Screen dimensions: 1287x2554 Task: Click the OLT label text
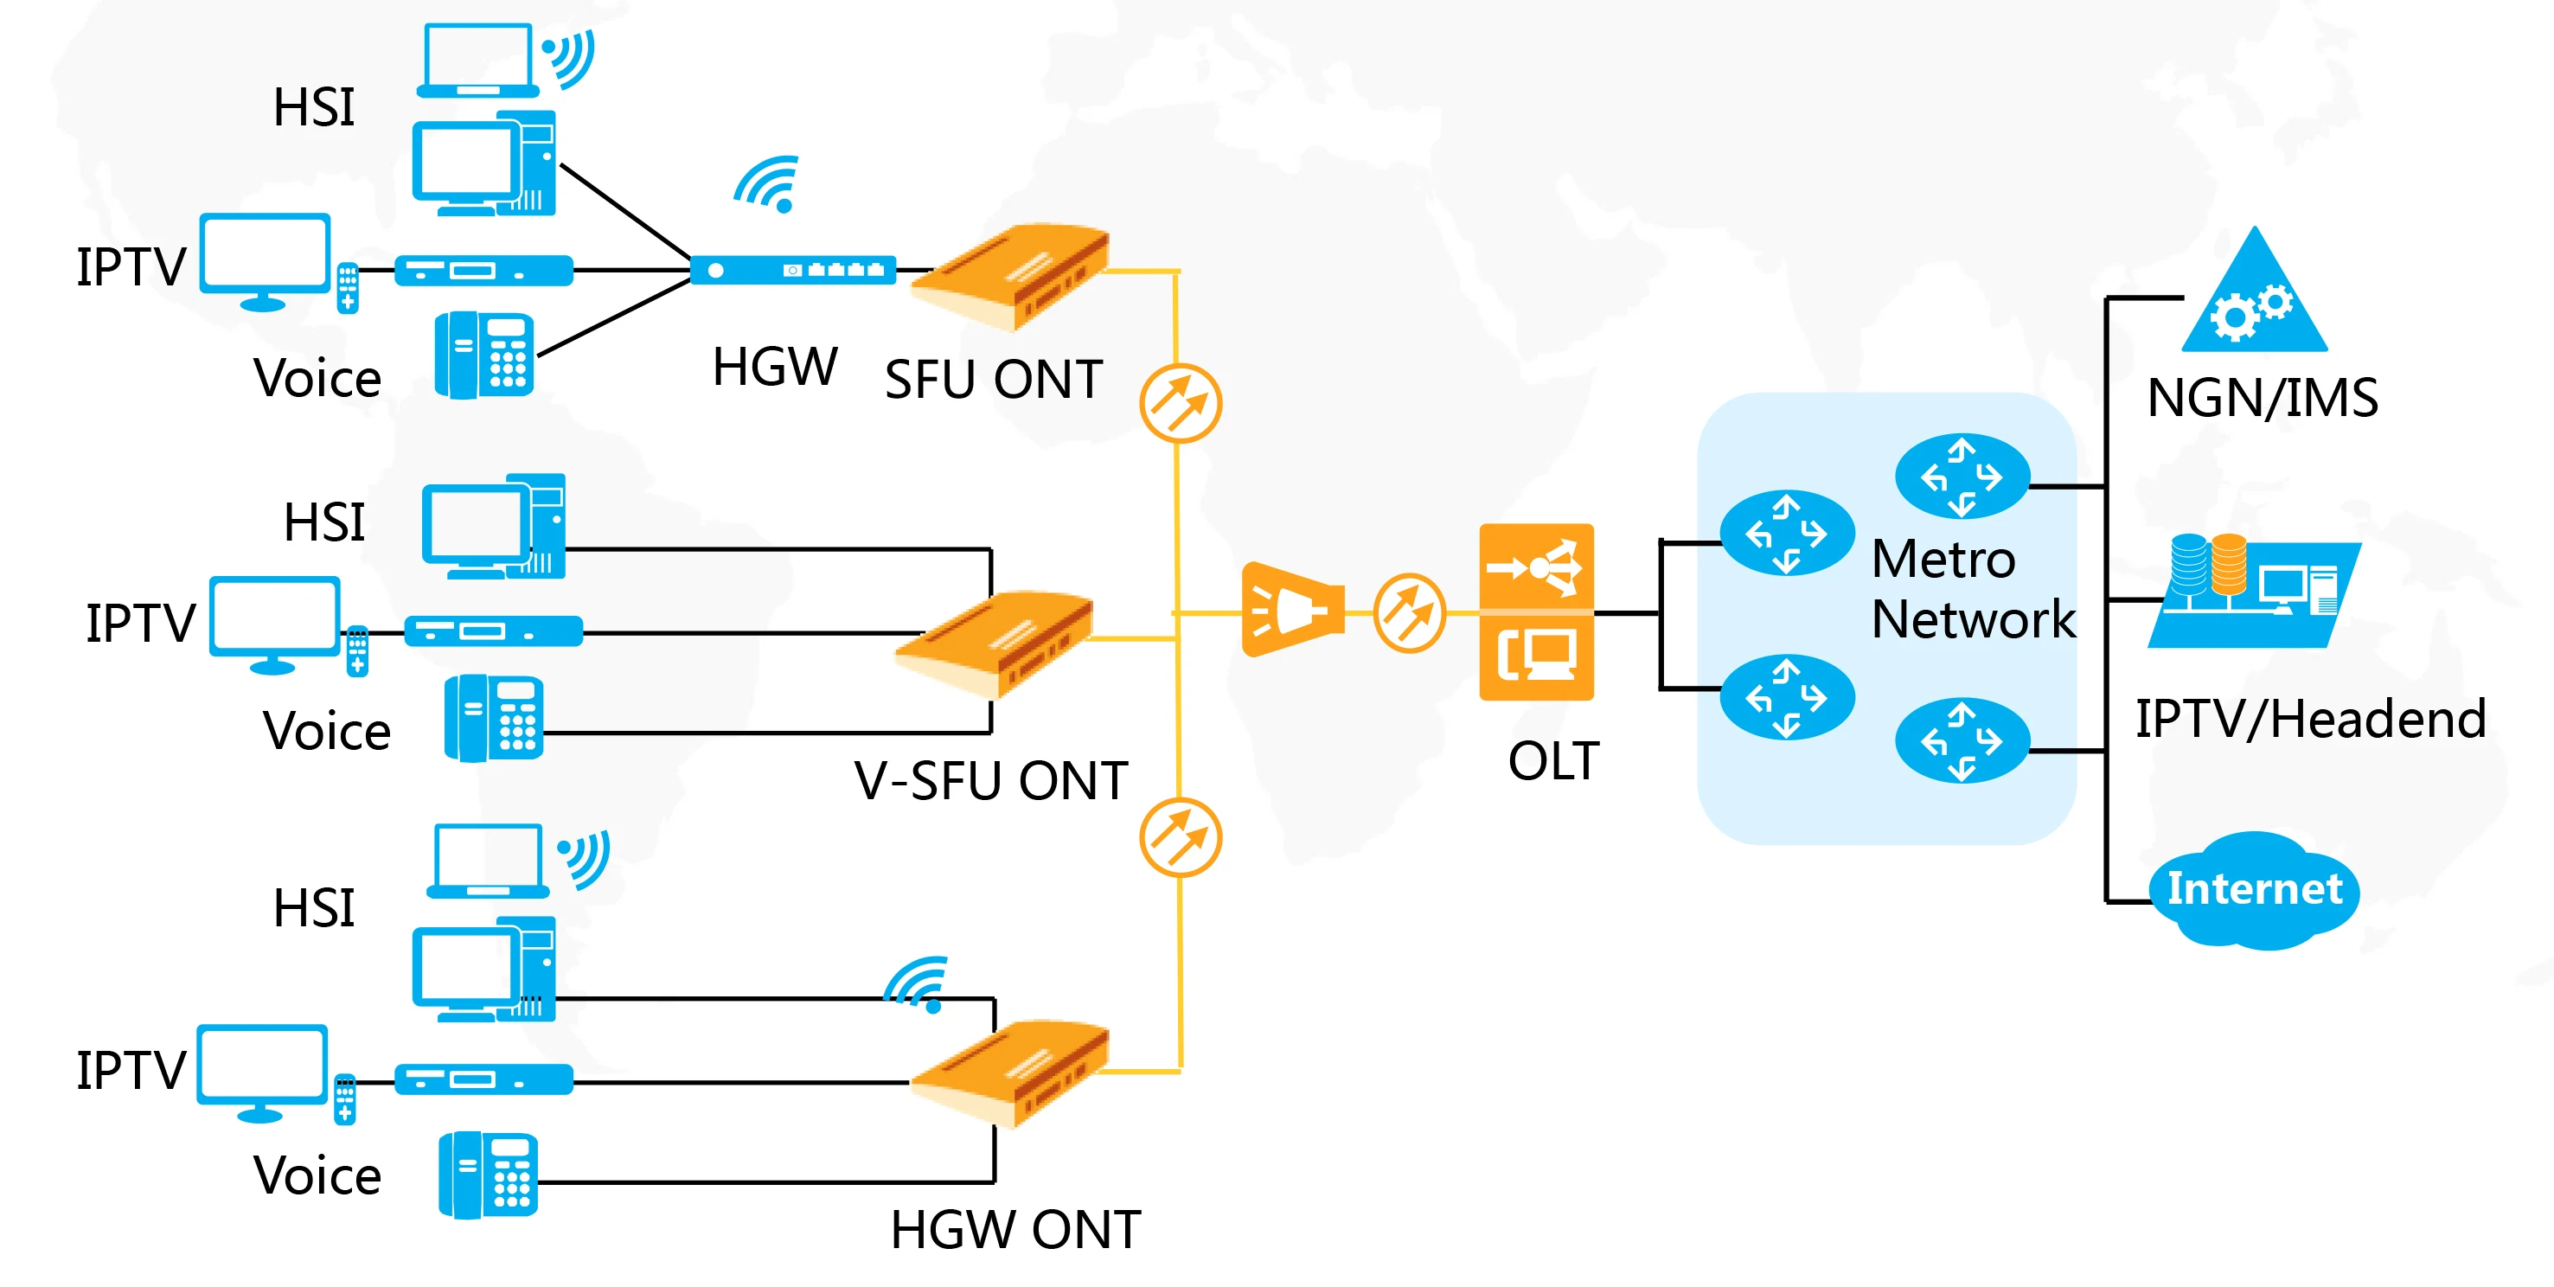(x=1553, y=761)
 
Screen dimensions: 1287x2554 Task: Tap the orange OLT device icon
(x=1536, y=611)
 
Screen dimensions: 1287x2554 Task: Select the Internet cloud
(x=2254, y=889)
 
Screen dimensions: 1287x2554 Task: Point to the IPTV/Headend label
(x=2310, y=719)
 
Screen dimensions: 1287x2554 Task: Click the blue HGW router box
(x=792, y=270)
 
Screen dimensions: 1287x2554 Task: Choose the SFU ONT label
(x=994, y=380)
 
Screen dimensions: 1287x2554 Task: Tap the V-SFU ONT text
(x=991, y=780)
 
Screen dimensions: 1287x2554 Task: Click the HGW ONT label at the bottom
(x=1015, y=1230)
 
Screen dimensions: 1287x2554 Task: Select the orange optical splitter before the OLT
(x=1292, y=610)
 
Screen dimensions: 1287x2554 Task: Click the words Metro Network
(x=1971, y=589)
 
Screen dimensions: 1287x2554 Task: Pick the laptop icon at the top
(x=478, y=61)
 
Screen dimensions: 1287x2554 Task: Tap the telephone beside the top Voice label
(x=485, y=355)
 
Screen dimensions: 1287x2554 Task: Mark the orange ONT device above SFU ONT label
(x=1011, y=276)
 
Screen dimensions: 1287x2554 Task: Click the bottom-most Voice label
(x=317, y=1176)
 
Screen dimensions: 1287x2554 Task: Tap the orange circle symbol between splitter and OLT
(x=1409, y=612)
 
